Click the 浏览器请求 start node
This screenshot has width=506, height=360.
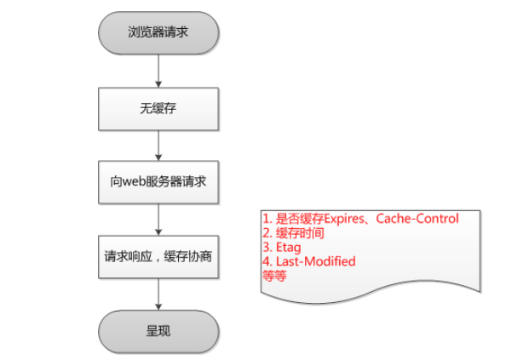pyautogui.click(x=158, y=33)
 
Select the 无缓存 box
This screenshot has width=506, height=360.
pyautogui.click(x=158, y=109)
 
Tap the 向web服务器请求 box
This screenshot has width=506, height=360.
pyautogui.click(x=158, y=182)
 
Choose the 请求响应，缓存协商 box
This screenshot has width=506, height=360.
pyautogui.click(x=158, y=257)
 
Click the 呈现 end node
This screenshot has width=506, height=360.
pyautogui.click(x=158, y=332)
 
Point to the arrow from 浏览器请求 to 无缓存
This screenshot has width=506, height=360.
pyautogui.click(x=158, y=71)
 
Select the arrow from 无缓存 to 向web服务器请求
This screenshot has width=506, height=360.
pyautogui.click(x=158, y=146)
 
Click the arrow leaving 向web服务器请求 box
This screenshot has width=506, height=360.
pyautogui.click(x=158, y=220)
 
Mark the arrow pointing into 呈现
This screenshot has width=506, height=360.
pyautogui.click(x=158, y=294)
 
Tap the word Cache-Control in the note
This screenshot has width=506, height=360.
pyautogui.click(x=417, y=219)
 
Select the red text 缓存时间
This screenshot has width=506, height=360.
pyautogui.click(x=300, y=233)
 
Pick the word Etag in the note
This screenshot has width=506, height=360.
pyautogui.click(x=289, y=248)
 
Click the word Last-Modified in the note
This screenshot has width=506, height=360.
pyautogui.click(x=316, y=261)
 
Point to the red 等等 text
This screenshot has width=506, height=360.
pyautogui.click(x=274, y=276)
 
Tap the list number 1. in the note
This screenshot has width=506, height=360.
pyautogui.click(x=267, y=219)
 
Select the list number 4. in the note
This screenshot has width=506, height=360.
pyautogui.click(x=267, y=261)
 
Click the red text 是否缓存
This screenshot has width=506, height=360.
pyautogui.click(x=300, y=219)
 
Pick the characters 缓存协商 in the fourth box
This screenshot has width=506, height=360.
pyautogui.click(x=187, y=257)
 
